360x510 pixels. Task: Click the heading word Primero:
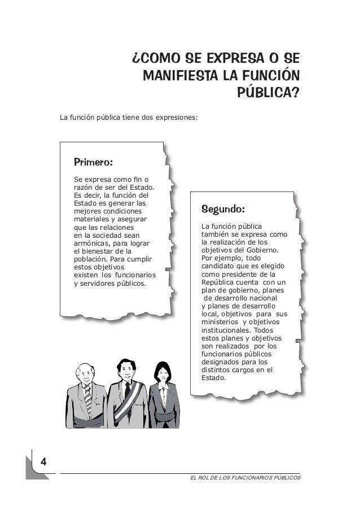pos(94,163)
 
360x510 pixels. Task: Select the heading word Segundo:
pos(223,210)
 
